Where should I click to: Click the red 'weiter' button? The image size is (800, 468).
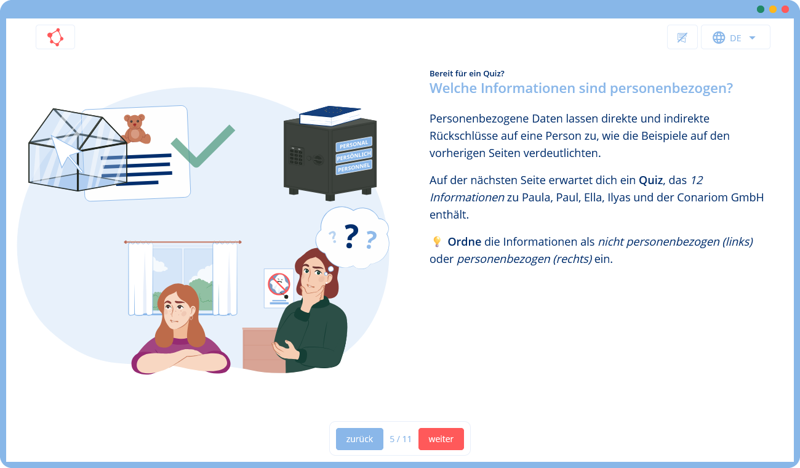[441, 439]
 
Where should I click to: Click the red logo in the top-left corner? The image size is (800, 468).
[55, 37]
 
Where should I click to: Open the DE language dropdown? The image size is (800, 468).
[735, 38]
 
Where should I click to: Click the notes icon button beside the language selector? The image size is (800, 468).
[682, 38]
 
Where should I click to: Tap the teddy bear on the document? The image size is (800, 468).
[135, 129]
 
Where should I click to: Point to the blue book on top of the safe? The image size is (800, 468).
[330, 114]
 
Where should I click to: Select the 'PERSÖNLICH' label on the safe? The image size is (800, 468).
[353, 155]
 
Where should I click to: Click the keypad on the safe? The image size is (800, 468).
[297, 156]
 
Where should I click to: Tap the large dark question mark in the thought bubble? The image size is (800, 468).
[351, 236]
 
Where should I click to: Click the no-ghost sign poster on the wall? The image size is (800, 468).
[279, 287]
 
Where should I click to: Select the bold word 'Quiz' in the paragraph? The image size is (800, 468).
[650, 180]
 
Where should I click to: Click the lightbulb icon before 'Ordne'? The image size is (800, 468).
[437, 242]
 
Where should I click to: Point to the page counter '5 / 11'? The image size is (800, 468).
[401, 439]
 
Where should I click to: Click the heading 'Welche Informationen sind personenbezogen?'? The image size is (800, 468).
[581, 88]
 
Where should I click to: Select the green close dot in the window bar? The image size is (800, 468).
[761, 9]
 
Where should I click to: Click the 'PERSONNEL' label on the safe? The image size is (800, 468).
[354, 167]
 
